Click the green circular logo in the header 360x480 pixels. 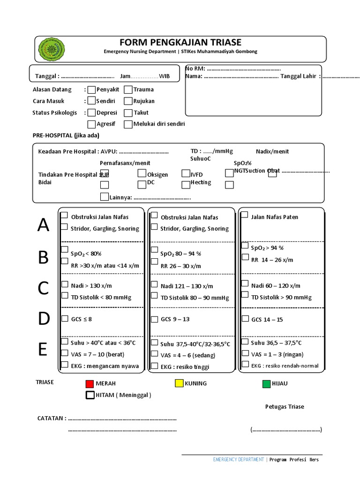click(51, 48)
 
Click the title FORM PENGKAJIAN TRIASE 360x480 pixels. click(180, 43)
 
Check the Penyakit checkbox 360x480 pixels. click(92, 89)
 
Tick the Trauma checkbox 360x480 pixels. click(128, 89)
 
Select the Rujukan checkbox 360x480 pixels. click(128, 101)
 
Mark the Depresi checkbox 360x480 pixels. click(92, 112)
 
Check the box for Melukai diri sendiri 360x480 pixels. click(128, 124)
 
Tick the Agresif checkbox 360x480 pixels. click(92, 124)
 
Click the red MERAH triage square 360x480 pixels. click(90, 384)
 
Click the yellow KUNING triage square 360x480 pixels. click(179, 383)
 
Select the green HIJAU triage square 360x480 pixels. click(266, 384)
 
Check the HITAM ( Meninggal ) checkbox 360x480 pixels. click(90, 395)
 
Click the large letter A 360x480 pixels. click(43, 226)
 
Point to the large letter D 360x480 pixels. click(44, 319)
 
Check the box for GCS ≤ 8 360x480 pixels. click(64, 319)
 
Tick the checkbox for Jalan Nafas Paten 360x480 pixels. click(245, 215)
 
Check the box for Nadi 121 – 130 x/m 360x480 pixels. click(154, 284)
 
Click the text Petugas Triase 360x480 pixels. click(285, 406)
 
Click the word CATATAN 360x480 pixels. click(50, 418)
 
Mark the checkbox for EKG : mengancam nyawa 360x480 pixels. click(64, 364)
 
